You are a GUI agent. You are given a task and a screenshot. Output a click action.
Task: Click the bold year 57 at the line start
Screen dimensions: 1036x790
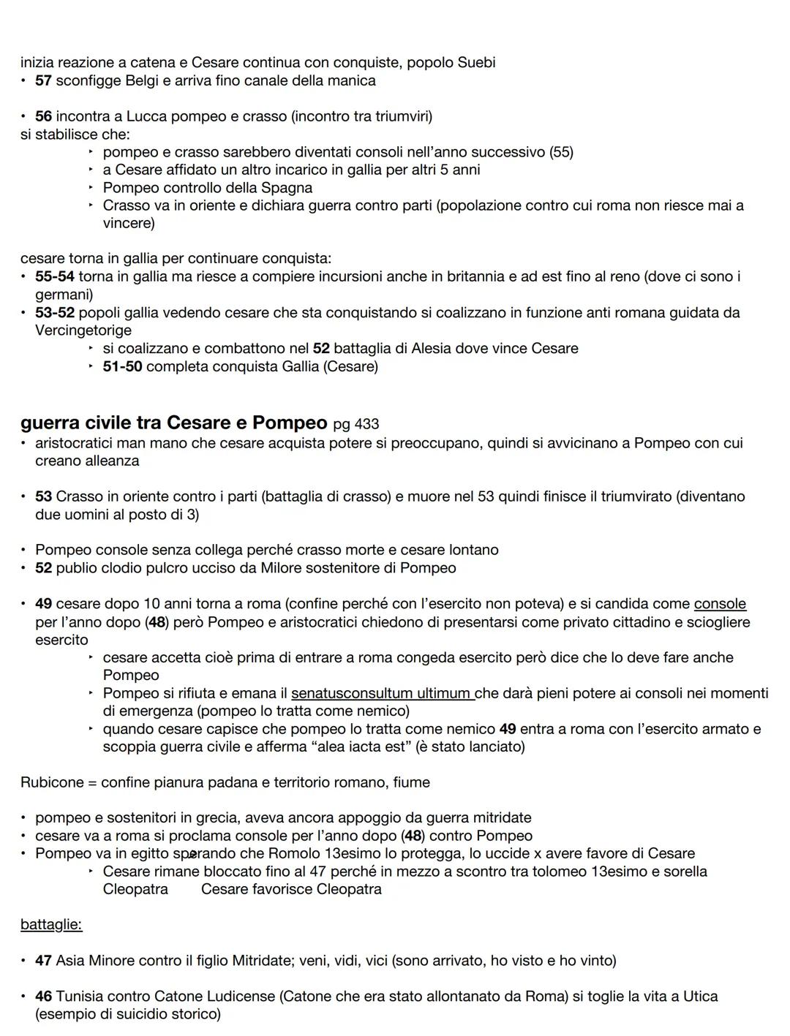click(43, 80)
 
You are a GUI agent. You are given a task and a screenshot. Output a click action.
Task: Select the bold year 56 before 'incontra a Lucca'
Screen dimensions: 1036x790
click(43, 116)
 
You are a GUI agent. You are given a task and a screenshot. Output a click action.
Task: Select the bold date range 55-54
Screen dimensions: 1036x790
click(55, 277)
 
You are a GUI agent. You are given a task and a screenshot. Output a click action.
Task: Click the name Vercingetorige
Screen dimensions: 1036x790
click(83, 330)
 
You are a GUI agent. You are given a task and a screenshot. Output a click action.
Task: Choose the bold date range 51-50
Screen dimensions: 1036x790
click(122, 366)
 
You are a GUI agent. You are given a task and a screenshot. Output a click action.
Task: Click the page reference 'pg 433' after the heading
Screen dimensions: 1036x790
click(355, 424)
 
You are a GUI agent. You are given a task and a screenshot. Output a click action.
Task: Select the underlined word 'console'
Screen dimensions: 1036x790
click(720, 604)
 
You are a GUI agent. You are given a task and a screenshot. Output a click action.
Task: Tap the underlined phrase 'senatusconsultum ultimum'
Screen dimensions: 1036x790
click(381, 693)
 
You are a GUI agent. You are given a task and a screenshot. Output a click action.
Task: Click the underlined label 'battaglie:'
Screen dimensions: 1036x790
click(51, 925)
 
